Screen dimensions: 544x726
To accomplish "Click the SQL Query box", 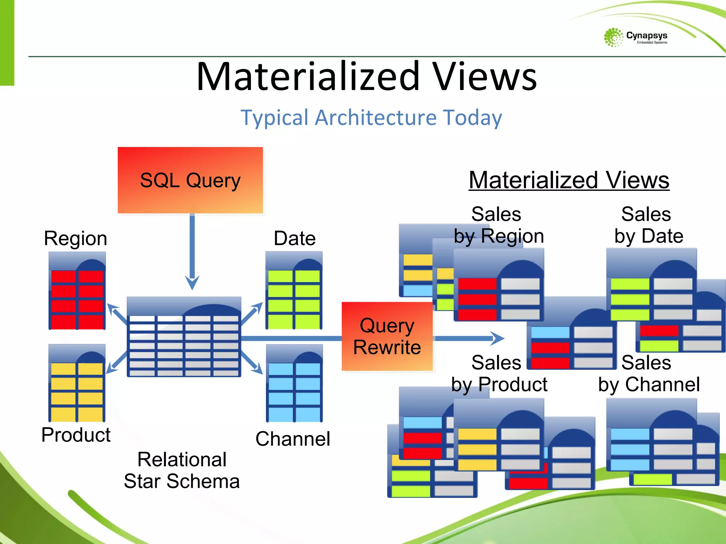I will tap(190, 180).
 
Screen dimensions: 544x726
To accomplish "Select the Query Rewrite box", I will tap(387, 336).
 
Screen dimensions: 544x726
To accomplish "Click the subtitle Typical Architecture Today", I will tap(371, 118).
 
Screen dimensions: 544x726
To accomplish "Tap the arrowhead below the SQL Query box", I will tap(192, 283).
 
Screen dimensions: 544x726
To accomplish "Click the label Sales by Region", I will tap(498, 225).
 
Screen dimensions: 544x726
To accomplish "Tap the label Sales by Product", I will tap(499, 373).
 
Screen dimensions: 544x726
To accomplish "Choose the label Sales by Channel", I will tap(648, 373).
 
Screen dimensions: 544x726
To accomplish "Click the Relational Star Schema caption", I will tap(181, 470).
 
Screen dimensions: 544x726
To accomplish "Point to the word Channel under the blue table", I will tap(293, 439).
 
